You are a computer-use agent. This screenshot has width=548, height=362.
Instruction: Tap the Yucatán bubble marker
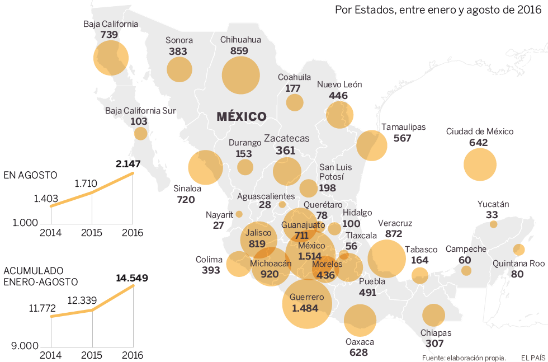tap(493, 224)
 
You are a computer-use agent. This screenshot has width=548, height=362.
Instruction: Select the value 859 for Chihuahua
tap(239, 51)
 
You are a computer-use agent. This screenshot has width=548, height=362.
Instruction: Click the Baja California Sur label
tap(140, 111)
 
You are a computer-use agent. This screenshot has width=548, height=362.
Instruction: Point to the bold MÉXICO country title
tap(241, 116)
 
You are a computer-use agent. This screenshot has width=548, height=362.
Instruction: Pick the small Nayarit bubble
tap(239, 214)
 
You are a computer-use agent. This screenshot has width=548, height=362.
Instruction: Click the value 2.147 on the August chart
tap(128, 164)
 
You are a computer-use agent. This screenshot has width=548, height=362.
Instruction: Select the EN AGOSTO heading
tap(30, 175)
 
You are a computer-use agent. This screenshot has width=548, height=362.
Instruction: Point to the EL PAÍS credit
tap(533, 358)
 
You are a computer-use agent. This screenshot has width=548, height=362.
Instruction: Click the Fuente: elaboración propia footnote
tap(464, 358)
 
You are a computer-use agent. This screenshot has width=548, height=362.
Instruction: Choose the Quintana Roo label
tap(518, 263)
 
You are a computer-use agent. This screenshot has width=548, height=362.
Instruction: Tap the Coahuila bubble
tap(295, 102)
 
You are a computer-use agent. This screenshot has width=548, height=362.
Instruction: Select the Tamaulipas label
tap(403, 127)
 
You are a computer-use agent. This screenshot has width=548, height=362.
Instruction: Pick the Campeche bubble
tap(466, 271)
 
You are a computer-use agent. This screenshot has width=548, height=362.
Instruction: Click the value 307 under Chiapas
tap(434, 344)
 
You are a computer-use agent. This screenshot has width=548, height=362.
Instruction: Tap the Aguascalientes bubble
tap(282, 205)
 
